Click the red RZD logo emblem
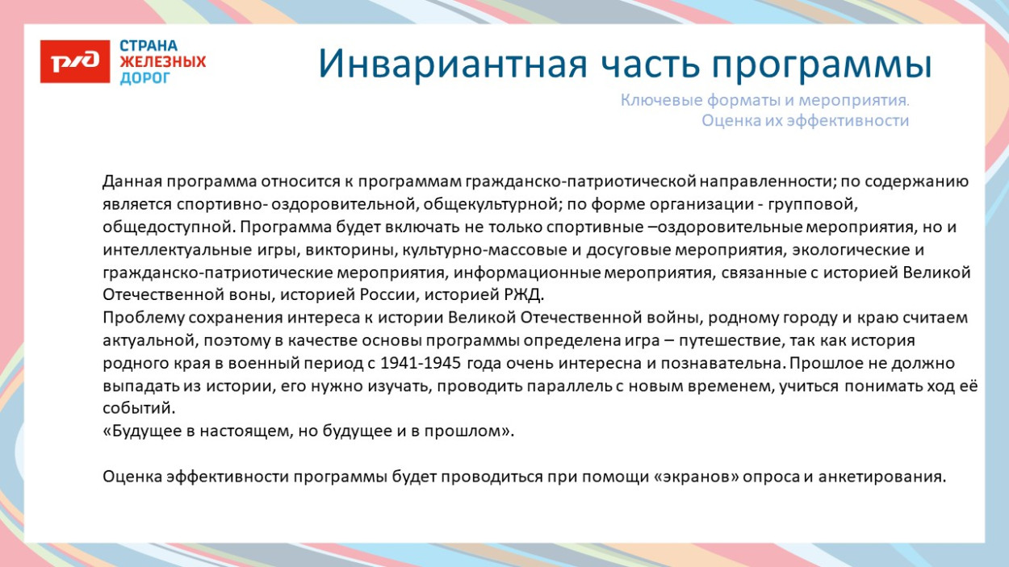[74, 61]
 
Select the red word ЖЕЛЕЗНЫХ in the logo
[162, 62]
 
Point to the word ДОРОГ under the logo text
[145, 78]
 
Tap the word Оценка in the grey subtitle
[729, 121]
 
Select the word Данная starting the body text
[129, 181]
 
